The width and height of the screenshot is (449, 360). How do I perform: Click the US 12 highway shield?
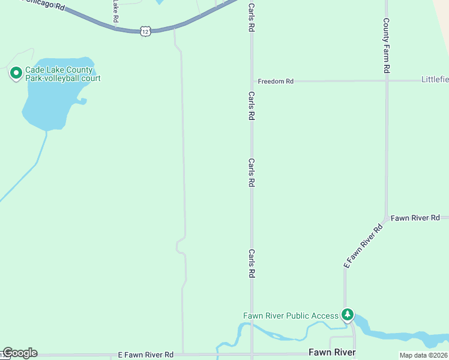(145, 31)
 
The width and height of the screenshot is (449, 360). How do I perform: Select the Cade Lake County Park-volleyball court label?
(62, 74)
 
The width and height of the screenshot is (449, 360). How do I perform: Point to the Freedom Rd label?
(276, 81)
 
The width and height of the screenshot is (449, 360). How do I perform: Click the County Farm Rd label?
(387, 45)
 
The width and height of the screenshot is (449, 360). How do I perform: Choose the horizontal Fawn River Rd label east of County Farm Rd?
(415, 218)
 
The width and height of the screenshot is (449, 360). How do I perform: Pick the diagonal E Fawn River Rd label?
(363, 246)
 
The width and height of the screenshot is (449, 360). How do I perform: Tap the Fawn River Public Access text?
(291, 316)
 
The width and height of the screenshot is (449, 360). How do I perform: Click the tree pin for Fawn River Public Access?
(347, 314)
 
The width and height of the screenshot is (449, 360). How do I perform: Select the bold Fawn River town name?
(332, 352)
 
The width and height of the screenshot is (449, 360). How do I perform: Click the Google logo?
(20, 353)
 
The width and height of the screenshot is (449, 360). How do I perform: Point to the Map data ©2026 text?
(424, 355)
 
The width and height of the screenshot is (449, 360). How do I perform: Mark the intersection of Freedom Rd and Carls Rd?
(252, 81)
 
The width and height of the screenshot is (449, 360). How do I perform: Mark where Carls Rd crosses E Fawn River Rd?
(252, 354)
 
